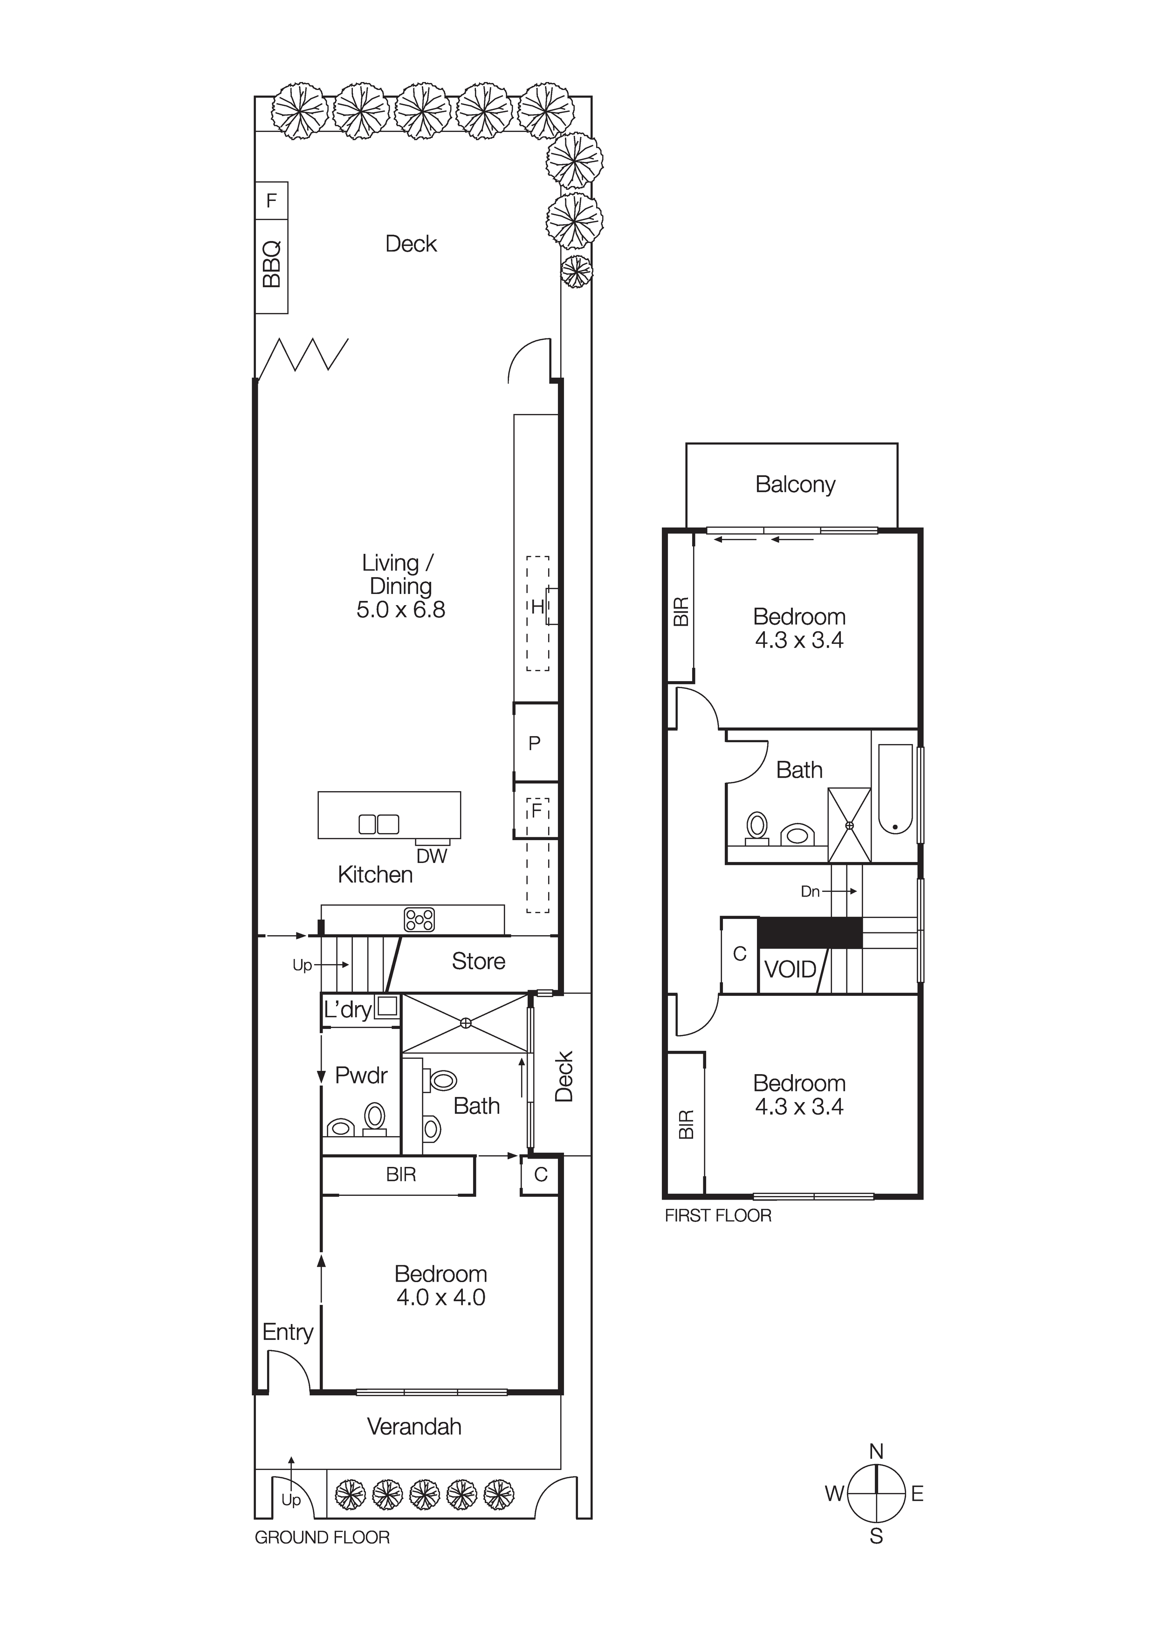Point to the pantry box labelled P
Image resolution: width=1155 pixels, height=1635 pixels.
[535, 744]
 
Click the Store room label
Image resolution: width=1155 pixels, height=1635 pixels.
[479, 961]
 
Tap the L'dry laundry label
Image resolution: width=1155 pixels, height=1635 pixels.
[348, 1010]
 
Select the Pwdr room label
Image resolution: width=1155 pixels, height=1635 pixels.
[361, 1075]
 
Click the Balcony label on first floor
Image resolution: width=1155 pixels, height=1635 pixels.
[795, 484]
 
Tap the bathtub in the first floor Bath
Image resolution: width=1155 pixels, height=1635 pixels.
[895, 789]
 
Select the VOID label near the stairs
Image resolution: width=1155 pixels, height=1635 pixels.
[790, 969]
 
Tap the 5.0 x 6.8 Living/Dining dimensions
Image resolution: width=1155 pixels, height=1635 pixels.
[401, 609]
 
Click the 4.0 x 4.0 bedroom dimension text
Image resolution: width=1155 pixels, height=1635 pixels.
[441, 1297]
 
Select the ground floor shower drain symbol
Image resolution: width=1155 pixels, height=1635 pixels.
[466, 1023]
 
